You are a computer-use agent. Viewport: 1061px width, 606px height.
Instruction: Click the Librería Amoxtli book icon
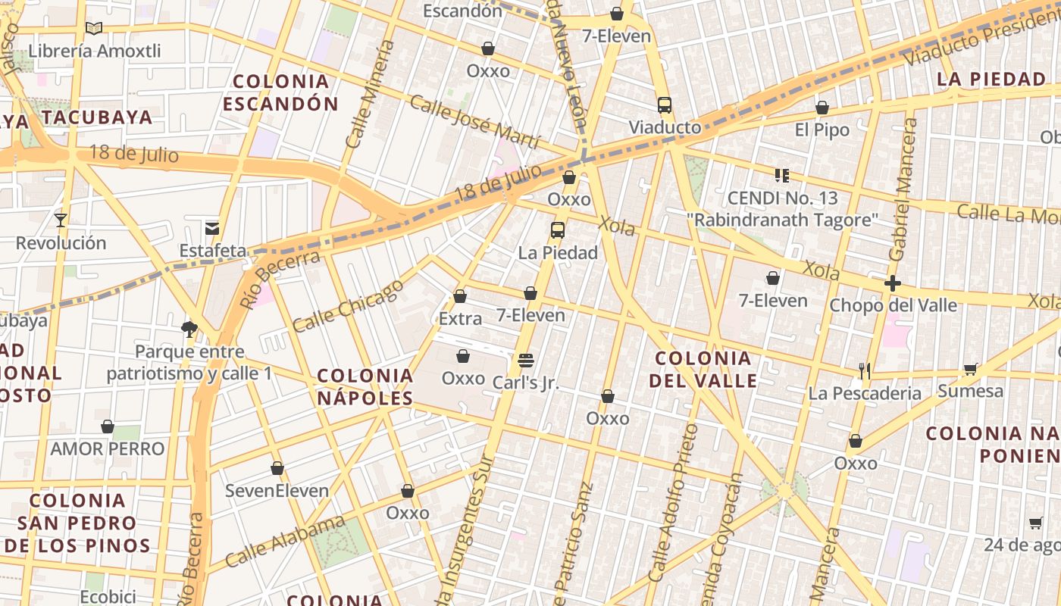coord(94,29)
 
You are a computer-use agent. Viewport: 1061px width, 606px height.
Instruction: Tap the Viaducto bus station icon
coord(665,105)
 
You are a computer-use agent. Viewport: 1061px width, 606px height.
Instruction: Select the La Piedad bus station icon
coord(558,230)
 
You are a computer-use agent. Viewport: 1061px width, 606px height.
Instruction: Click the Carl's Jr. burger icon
coord(526,360)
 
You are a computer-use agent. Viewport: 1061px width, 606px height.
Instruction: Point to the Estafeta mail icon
coord(212,228)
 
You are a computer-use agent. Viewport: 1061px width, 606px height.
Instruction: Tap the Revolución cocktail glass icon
coord(61,220)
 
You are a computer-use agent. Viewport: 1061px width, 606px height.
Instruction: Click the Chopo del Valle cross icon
coord(893,284)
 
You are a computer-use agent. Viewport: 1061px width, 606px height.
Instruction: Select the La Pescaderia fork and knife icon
coord(865,371)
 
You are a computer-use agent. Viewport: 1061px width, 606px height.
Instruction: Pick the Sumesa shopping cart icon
coord(970,370)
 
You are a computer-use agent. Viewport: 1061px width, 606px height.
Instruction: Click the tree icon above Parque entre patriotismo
coord(189,329)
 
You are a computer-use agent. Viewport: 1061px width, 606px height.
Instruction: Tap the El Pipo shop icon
coord(822,108)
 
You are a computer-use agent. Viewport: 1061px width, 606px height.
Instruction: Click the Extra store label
coord(460,319)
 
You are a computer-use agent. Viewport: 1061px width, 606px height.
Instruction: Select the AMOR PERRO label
coord(108,448)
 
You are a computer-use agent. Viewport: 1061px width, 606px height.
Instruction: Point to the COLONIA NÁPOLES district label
coord(365,386)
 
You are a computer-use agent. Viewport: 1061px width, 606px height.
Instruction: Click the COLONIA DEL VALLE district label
coord(703,369)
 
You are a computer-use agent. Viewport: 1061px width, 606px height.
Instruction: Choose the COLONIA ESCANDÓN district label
coord(280,92)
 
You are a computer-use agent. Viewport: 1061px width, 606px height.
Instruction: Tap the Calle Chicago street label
coord(348,307)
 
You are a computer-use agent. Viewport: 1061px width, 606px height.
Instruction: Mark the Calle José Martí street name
coord(474,122)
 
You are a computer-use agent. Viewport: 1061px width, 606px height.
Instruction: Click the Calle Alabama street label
coord(285,542)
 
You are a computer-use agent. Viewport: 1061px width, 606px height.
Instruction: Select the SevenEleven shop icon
coord(277,469)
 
